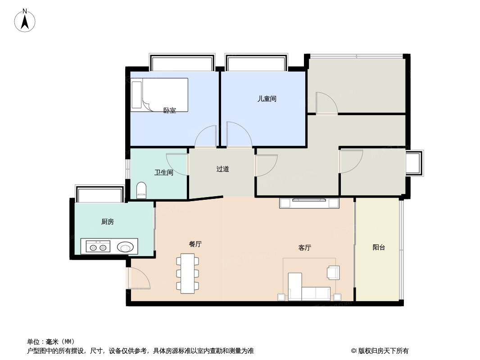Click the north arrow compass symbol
tap(25, 21)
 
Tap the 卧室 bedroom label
tap(169, 111)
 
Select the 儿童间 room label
tap(267, 99)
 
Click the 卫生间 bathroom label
tap(163, 172)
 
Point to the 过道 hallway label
tap(222, 169)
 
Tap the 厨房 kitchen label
tap(108, 221)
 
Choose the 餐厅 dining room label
tap(195, 244)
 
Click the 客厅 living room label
tap(305, 247)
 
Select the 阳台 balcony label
tap(379, 247)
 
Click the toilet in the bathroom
tap(141, 190)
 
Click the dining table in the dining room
tap(187, 273)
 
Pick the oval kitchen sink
tap(125, 247)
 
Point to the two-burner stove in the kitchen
tap(98, 247)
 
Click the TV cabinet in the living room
tap(309, 203)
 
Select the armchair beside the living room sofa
tap(333, 272)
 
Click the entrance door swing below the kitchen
tap(138, 279)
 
